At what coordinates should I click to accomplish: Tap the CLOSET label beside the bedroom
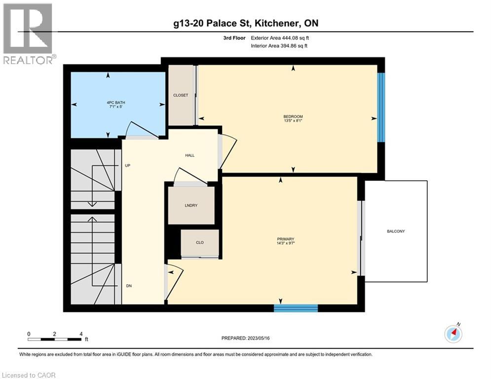click(180, 95)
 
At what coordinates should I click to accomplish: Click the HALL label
click(189, 155)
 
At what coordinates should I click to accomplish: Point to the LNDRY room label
click(191, 205)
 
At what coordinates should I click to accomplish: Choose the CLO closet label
click(199, 242)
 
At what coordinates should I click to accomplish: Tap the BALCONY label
click(396, 231)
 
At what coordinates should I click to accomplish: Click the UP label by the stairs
click(127, 165)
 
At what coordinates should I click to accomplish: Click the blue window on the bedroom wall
click(381, 108)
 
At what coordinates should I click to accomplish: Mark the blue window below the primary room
click(296, 308)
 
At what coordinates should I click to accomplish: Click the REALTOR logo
click(28, 33)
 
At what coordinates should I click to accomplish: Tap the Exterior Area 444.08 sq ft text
click(280, 38)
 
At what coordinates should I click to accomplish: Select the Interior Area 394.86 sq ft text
click(280, 46)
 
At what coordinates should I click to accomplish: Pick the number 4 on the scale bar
click(80, 334)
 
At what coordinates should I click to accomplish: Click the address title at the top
click(245, 23)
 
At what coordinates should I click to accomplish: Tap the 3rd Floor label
click(233, 38)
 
